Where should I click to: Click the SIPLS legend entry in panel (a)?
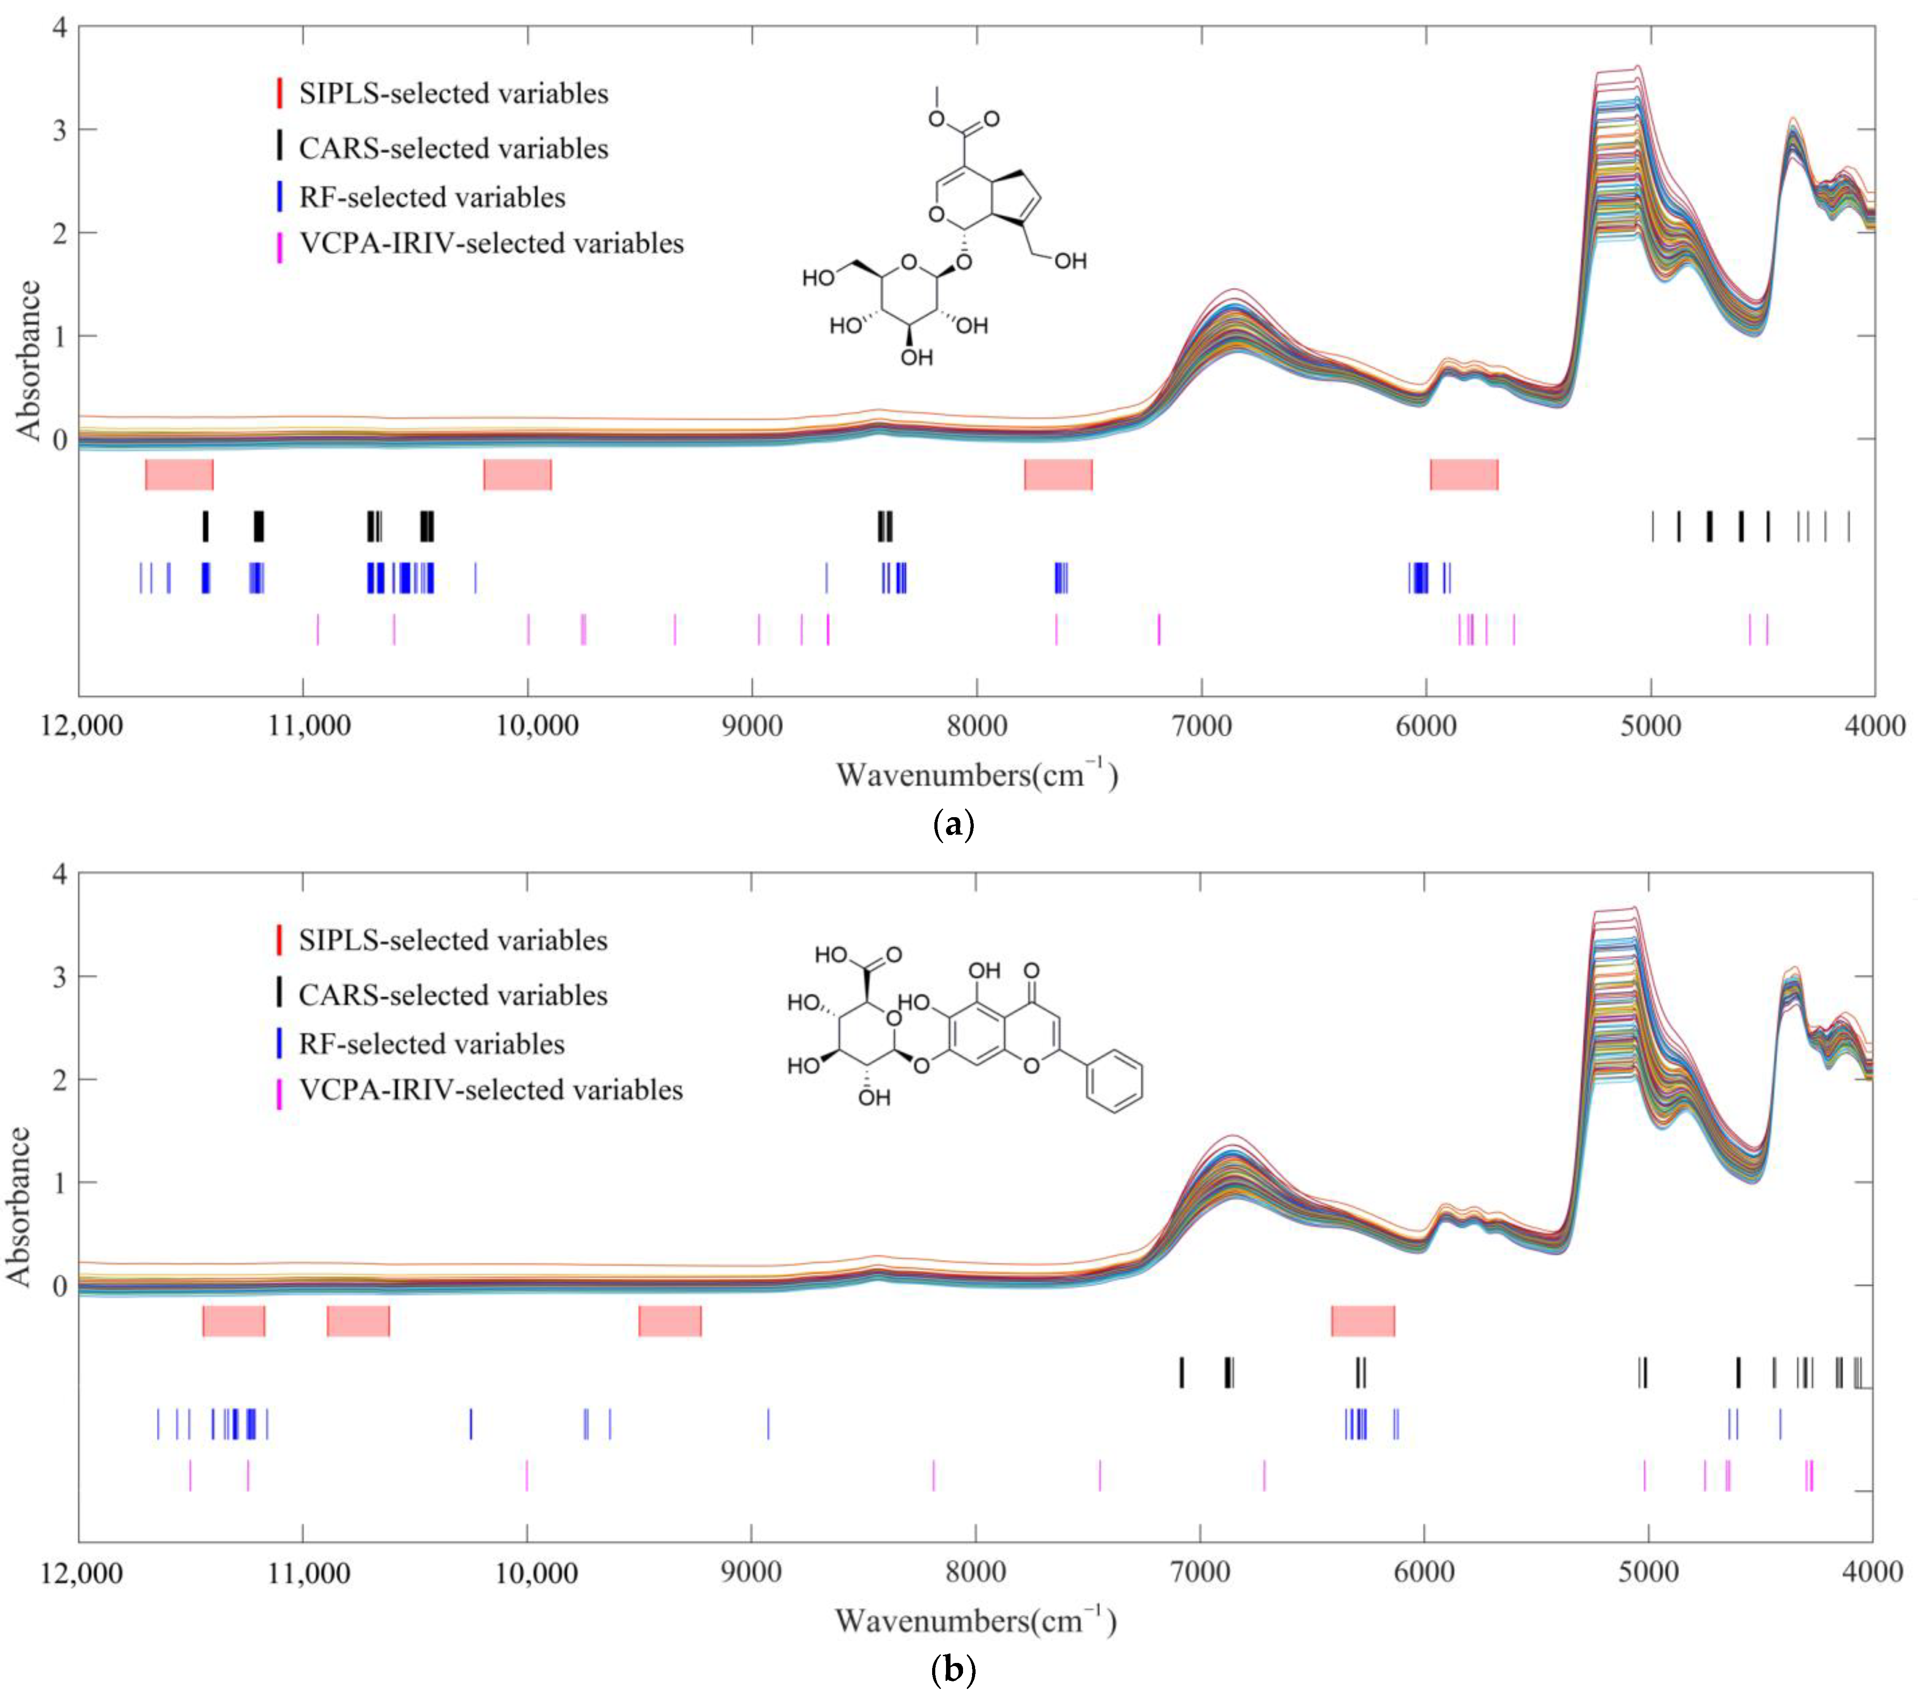pos(453,94)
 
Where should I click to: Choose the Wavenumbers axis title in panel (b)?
pos(976,1620)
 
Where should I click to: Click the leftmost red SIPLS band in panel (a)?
pos(179,475)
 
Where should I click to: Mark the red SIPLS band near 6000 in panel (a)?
pos(1464,475)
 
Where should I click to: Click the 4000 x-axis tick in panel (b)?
pos(1873,1572)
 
